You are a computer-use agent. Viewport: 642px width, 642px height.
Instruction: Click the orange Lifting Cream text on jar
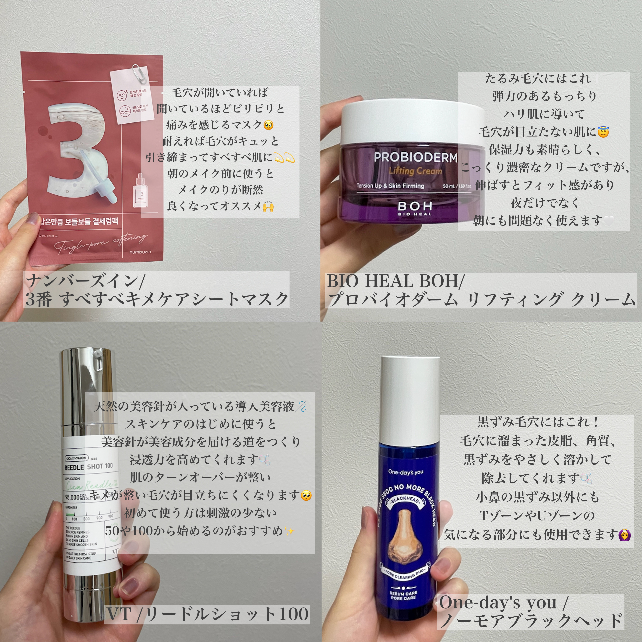pos(415,171)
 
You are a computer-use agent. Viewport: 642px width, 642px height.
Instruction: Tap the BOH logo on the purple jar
pos(415,207)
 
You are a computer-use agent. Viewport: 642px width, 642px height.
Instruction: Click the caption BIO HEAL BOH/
pos(395,281)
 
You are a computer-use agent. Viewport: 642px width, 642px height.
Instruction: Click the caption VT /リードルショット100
pos(208,613)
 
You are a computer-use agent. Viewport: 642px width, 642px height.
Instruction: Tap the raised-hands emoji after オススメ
pos(268,206)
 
